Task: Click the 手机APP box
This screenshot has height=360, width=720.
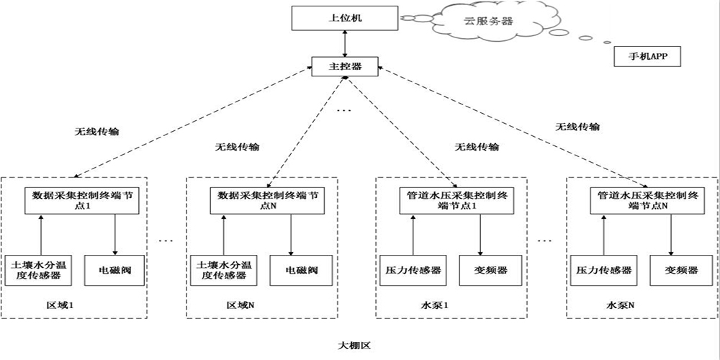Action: [646, 56]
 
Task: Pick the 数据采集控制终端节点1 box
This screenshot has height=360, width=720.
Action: [79, 200]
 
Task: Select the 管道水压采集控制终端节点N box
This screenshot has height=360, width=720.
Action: [642, 200]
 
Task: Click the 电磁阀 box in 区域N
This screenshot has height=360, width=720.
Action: [294, 270]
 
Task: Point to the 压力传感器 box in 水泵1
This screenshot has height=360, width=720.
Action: [409, 270]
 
